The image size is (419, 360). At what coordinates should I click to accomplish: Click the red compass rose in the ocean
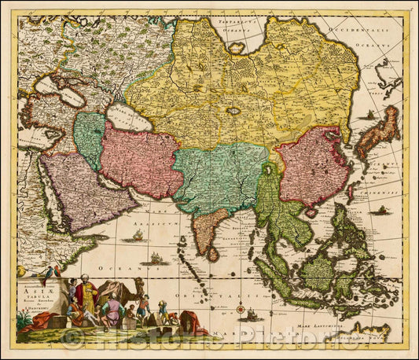240,308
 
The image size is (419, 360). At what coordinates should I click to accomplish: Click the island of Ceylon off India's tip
213,254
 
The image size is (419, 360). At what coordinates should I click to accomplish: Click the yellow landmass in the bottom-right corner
369,331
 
